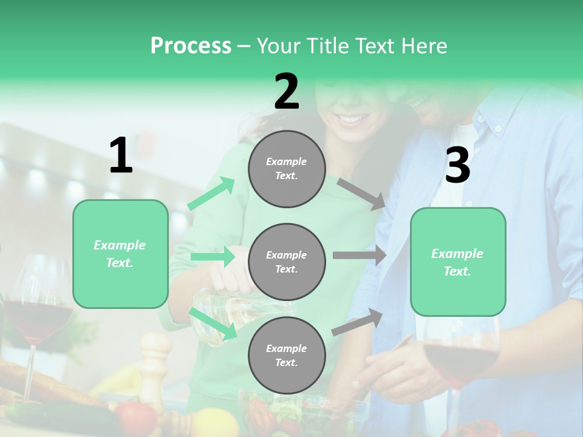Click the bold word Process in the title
[x=191, y=46]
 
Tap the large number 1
[x=121, y=156]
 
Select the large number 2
[x=287, y=92]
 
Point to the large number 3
[x=457, y=166]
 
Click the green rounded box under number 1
[x=120, y=254]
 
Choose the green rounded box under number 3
[x=458, y=262]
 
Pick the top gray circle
[x=287, y=168]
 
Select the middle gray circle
[x=287, y=262]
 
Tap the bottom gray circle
[x=287, y=355]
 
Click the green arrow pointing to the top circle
[x=211, y=194]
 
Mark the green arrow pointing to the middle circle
[x=212, y=257]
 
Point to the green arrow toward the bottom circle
[x=213, y=323]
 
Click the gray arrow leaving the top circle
[x=361, y=194]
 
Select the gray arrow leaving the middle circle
[x=359, y=256]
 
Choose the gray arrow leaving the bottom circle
[x=357, y=322]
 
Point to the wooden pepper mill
[x=155, y=364]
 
